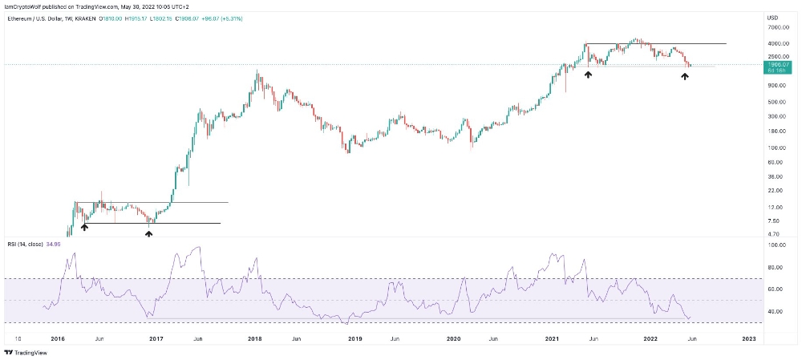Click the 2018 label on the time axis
point(255,339)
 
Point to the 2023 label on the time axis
point(747,339)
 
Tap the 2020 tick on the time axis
point(453,339)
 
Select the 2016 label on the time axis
point(58,339)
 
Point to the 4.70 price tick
point(775,234)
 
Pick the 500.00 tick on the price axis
point(777,102)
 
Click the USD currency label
point(773,17)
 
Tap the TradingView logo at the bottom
point(24,352)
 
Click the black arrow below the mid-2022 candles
point(685,76)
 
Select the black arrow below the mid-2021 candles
point(588,74)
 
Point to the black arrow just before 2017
point(148,233)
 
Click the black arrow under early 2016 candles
point(84,228)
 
